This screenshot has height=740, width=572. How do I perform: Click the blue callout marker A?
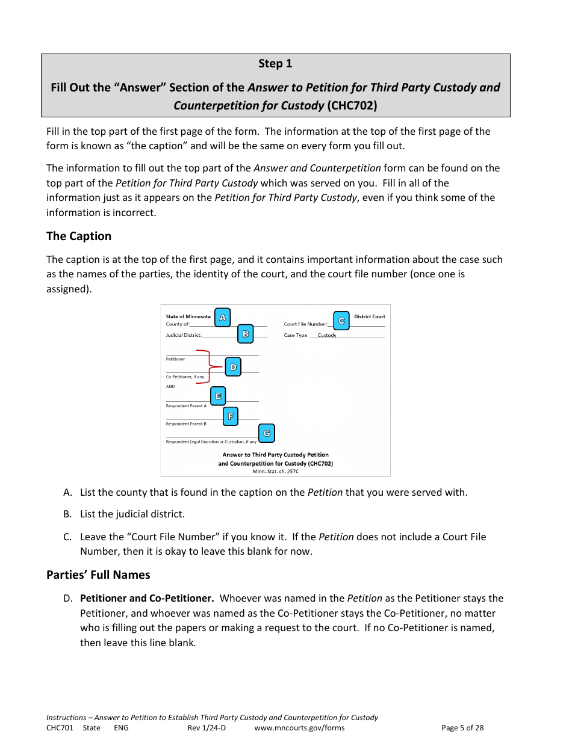222,318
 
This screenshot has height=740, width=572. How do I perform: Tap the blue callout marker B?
245,334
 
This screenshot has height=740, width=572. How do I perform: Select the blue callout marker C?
341,321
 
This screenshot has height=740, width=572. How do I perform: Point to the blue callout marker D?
233,367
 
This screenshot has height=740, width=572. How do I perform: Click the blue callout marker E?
218,396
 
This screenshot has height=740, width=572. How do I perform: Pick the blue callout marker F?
230,416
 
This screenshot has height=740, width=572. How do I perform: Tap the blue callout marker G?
267,433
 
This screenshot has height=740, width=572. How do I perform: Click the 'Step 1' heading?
275,64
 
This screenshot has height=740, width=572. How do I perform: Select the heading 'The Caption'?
79,236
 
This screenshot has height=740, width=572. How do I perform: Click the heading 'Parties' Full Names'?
98,575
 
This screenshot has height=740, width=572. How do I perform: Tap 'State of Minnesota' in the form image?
188,316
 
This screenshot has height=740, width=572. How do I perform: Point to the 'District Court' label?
369,316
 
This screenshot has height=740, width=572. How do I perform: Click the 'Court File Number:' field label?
305,324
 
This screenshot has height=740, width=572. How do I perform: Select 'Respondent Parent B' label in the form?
186,424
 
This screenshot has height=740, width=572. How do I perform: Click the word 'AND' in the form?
170,387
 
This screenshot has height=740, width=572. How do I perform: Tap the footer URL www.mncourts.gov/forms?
299,728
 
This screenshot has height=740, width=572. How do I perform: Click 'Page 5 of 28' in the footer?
462,728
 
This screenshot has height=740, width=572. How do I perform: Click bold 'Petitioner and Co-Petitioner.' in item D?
147,598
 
